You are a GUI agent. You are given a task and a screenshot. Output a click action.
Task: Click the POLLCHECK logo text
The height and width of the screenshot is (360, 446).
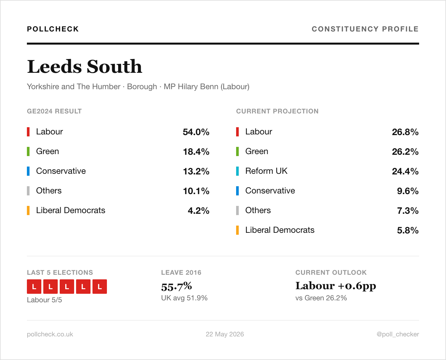click(x=53, y=29)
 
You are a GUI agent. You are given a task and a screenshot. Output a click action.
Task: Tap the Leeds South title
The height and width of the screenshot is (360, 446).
click(x=85, y=67)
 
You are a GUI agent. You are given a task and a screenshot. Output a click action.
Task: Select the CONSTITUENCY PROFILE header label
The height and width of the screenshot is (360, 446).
click(x=365, y=29)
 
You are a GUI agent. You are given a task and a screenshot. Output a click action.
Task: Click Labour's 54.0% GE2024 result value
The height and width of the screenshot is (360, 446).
click(x=196, y=132)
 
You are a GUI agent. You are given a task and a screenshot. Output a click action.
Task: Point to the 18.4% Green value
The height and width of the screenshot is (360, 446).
click(x=196, y=151)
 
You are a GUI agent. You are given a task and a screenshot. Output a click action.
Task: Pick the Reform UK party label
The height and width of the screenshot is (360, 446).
click(x=266, y=171)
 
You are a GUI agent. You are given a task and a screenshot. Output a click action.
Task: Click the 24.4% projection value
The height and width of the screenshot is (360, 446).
click(x=405, y=171)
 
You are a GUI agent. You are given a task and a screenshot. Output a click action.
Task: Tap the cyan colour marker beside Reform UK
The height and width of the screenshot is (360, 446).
click(x=237, y=171)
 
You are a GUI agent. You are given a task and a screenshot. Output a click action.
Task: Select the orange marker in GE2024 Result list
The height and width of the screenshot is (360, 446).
click(x=28, y=210)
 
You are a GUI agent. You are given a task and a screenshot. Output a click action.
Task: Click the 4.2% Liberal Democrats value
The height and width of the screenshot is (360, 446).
click(x=198, y=210)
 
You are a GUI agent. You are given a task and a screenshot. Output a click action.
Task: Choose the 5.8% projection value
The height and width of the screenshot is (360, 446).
click(x=408, y=230)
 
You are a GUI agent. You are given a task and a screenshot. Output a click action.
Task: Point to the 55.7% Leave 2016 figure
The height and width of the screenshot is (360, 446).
click(x=176, y=286)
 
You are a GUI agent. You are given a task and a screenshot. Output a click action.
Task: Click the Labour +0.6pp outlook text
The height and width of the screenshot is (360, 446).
click(x=336, y=286)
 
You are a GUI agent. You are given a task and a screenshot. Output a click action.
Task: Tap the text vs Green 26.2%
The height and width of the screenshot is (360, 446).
click(x=321, y=298)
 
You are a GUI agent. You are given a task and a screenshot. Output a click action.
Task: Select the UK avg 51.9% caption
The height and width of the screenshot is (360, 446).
click(x=184, y=298)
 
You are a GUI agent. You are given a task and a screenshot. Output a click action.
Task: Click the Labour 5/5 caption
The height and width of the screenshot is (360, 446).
click(x=44, y=300)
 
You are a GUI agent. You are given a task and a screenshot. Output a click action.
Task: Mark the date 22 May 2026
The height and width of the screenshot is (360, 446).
click(x=225, y=334)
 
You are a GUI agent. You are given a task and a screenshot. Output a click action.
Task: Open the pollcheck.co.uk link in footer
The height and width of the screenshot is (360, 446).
click(x=50, y=334)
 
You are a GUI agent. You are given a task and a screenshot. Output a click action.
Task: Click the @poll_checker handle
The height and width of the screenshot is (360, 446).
click(x=398, y=334)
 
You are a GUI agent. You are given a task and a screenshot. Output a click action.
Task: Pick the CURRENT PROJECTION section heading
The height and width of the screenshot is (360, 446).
click(x=277, y=111)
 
